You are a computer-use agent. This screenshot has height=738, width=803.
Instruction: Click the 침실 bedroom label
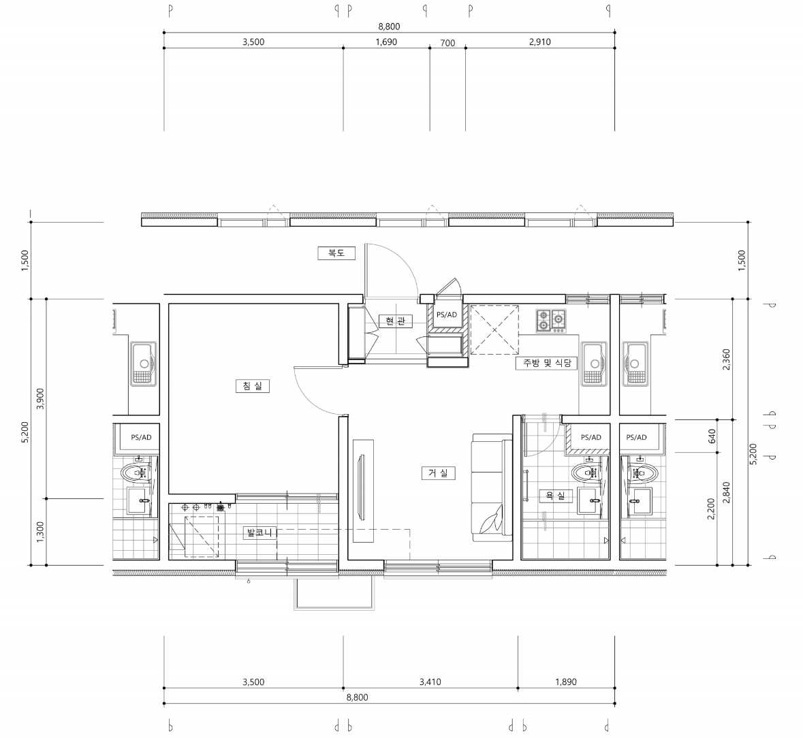[x=253, y=385]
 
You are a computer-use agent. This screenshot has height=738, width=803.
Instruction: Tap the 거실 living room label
[x=439, y=472]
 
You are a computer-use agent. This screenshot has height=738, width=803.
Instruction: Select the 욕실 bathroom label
[x=555, y=496]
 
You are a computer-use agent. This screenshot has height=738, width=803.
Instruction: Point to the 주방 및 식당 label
[x=546, y=363]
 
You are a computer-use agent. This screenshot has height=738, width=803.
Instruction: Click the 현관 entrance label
[x=395, y=321]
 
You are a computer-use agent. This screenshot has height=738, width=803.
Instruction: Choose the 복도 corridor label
[x=336, y=253]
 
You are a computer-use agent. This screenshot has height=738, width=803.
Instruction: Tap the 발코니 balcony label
[x=259, y=533]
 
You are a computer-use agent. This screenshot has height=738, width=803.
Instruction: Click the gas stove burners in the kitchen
[x=551, y=321]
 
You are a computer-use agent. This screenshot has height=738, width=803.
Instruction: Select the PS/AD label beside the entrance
[x=447, y=315]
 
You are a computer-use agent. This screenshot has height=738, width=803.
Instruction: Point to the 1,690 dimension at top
[x=386, y=42]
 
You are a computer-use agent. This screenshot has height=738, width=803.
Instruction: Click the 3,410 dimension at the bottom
[x=430, y=681]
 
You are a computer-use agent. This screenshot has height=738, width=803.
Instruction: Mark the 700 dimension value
[x=447, y=43]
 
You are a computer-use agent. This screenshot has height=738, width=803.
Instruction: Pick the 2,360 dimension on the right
[x=726, y=359]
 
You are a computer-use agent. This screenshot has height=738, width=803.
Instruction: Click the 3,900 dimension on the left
[x=40, y=399]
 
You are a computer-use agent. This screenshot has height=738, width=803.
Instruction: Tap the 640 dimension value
[x=711, y=436]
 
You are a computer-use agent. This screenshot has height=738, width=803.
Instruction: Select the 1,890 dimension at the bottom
[x=566, y=681]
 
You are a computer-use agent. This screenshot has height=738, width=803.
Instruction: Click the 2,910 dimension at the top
[x=540, y=42]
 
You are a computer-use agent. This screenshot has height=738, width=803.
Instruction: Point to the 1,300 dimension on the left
[x=40, y=532]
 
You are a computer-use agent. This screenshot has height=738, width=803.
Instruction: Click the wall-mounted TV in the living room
[x=363, y=490]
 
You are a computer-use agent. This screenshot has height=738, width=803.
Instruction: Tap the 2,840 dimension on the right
[x=726, y=492]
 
